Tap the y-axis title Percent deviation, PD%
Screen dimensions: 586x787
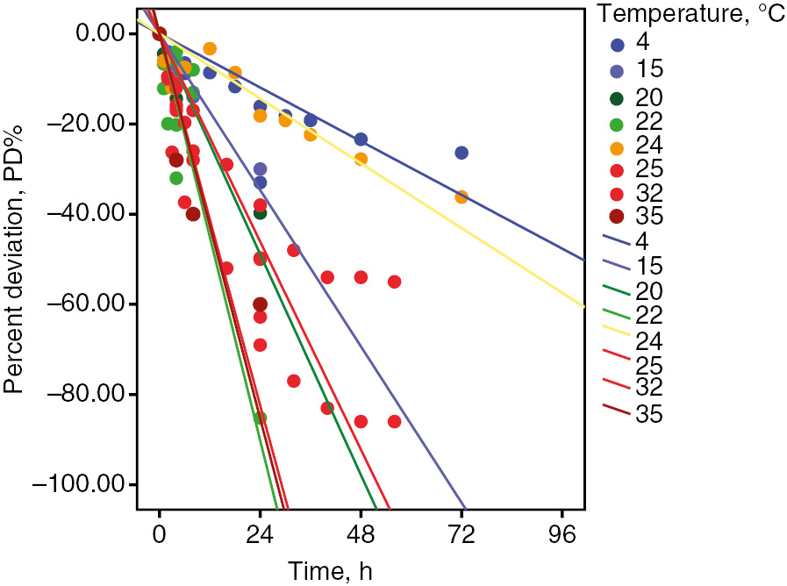tap(14, 260)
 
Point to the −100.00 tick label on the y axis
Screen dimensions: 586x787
tap(83, 485)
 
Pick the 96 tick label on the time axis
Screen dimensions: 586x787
tap(562, 532)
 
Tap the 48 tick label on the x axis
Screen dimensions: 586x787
tap(361, 532)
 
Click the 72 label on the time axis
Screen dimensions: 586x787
tap(461, 532)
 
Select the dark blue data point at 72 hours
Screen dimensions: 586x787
tap(461, 153)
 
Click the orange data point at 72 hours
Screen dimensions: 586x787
tap(461, 197)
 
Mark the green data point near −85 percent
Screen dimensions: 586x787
tap(260, 418)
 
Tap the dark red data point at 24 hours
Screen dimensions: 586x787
tap(260, 304)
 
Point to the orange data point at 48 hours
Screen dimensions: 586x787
tap(361, 159)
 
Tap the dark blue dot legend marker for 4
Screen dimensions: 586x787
tap(619, 45)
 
